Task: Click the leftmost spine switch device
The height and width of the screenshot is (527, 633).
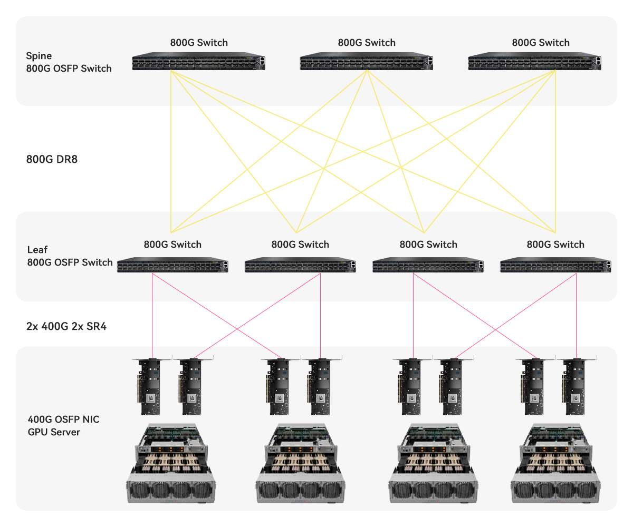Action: pyautogui.click(x=198, y=62)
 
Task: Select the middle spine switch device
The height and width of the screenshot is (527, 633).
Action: pyautogui.click(x=367, y=62)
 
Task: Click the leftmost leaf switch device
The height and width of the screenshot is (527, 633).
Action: pyautogui.click(x=172, y=265)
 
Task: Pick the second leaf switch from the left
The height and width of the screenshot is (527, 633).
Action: pyautogui.click(x=300, y=265)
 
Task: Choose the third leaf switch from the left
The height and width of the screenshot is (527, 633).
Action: pyautogui.click(x=428, y=265)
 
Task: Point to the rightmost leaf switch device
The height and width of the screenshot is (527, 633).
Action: pyautogui.click(x=555, y=265)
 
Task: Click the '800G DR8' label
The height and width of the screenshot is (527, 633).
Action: pyautogui.click(x=52, y=159)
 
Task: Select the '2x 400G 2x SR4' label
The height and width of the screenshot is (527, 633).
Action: pyautogui.click(x=66, y=326)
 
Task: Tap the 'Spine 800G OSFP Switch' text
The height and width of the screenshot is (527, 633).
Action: pyautogui.click(x=69, y=62)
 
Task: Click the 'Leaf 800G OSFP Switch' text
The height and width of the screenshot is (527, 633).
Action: pyautogui.click(x=70, y=256)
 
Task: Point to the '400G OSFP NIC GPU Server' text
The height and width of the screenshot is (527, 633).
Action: pyautogui.click(x=63, y=426)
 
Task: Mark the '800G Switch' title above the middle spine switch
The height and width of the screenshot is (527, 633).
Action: pyautogui.click(x=367, y=43)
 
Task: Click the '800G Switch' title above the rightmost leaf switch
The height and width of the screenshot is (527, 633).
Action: pyautogui.click(x=555, y=245)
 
